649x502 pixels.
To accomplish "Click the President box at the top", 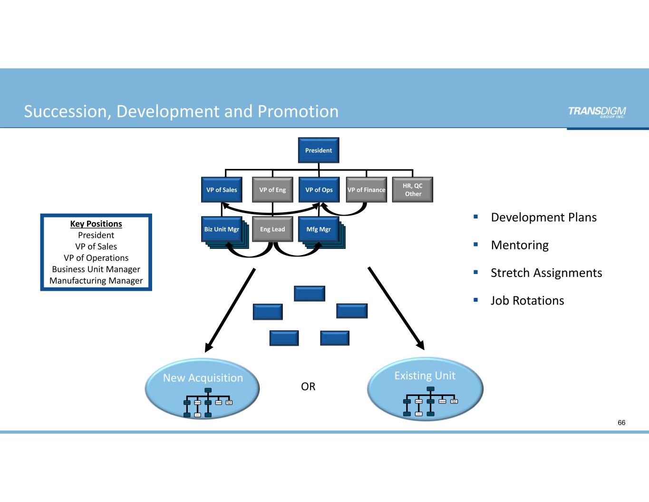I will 319,150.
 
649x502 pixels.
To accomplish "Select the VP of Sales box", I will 222,190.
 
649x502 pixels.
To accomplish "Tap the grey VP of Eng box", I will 272,190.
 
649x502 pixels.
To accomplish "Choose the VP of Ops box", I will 319,190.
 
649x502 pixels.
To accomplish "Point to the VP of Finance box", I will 366,190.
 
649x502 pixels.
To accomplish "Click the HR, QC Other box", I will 412,190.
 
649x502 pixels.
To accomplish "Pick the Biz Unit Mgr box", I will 222,229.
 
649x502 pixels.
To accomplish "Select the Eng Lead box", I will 272,229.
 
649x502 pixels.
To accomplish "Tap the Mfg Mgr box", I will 319,229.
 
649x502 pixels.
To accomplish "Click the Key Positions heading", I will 96,224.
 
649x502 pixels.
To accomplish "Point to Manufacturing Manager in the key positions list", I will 96,281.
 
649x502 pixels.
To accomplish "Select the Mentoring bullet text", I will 520,245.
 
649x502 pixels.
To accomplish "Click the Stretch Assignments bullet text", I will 546,273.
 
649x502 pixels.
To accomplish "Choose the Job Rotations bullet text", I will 527,301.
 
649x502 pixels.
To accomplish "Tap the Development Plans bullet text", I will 543,217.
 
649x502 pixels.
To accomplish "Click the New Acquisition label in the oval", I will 203,378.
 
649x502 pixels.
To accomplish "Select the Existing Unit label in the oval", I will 425,376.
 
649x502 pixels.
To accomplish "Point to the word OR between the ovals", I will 308,386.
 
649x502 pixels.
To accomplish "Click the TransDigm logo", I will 597,112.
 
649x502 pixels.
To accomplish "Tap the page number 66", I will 621,423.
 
